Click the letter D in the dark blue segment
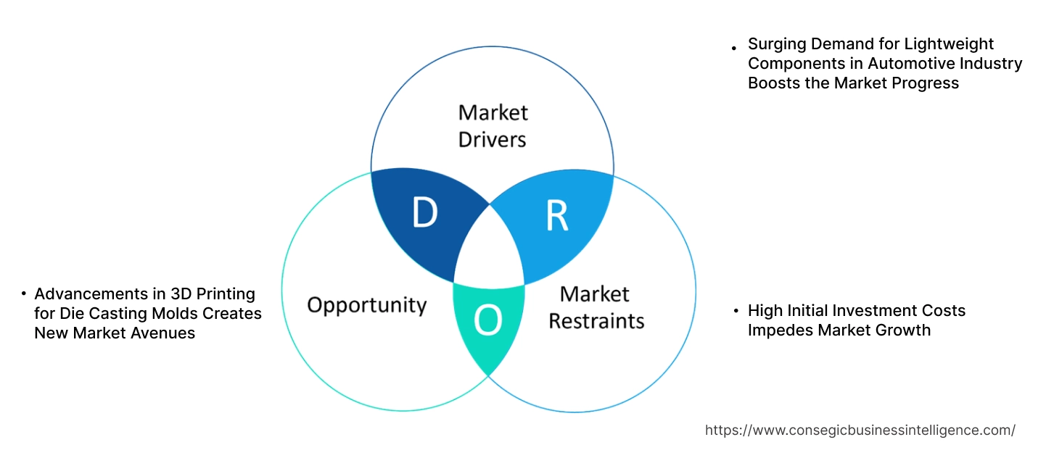[424, 212]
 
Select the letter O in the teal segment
[488, 321]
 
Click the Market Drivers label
[493, 125]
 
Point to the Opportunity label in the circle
[366, 304]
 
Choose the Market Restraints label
[596, 307]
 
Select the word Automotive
[897, 64]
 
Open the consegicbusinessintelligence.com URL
[860, 430]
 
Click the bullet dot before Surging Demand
[735, 47]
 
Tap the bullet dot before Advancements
[23, 294]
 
